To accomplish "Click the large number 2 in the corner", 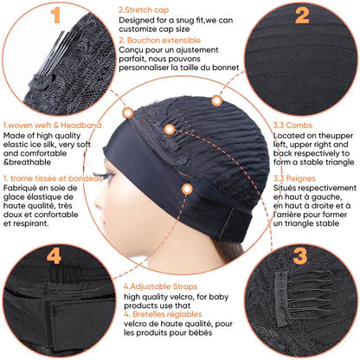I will [302, 15].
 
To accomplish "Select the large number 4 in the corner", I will [54, 255].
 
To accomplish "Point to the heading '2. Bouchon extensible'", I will [158, 40].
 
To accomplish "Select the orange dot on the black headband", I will [186, 189].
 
